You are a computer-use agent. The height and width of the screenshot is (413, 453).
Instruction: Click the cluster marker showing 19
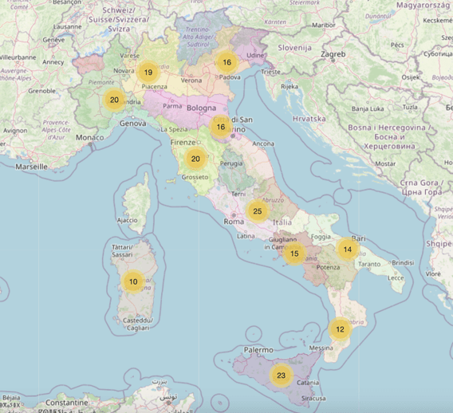click(x=148, y=73)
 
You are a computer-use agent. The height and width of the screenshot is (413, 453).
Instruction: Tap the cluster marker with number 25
click(x=257, y=211)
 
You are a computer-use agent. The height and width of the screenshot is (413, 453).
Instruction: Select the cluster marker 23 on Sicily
click(x=281, y=376)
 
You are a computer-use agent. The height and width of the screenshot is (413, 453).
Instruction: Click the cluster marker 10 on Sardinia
click(x=133, y=281)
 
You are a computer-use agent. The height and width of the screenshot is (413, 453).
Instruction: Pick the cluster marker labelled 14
click(x=348, y=249)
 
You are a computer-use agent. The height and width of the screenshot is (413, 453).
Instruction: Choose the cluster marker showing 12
click(x=340, y=328)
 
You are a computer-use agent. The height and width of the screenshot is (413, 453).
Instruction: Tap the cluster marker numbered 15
click(x=294, y=254)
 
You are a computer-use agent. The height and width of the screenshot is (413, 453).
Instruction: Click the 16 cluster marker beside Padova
click(x=227, y=62)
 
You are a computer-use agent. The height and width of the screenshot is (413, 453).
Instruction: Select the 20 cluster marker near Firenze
click(x=195, y=159)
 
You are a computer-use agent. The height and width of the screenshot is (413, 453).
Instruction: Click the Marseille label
click(x=31, y=167)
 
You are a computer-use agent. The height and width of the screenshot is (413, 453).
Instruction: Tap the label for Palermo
click(x=260, y=350)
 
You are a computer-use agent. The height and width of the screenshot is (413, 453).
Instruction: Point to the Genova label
click(x=132, y=124)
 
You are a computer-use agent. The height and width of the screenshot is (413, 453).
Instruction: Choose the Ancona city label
click(x=263, y=144)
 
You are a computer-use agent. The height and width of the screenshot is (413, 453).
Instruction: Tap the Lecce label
click(x=396, y=277)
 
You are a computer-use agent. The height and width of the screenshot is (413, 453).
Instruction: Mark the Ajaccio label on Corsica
click(x=127, y=219)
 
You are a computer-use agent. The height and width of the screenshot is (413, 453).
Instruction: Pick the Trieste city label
click(x=271, y=72)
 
